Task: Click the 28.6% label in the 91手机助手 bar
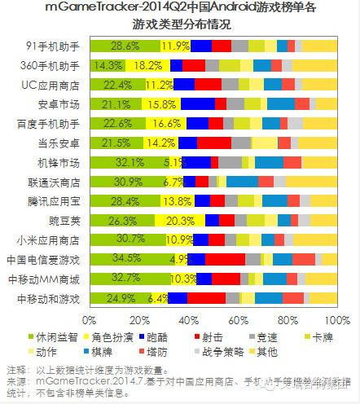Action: click(124, 46)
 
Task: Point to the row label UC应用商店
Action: click(51, 85)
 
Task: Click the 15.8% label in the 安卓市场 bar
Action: click(161, 103)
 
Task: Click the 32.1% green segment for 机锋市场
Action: click(129, 162)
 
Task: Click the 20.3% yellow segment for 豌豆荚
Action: click(179, 220)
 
